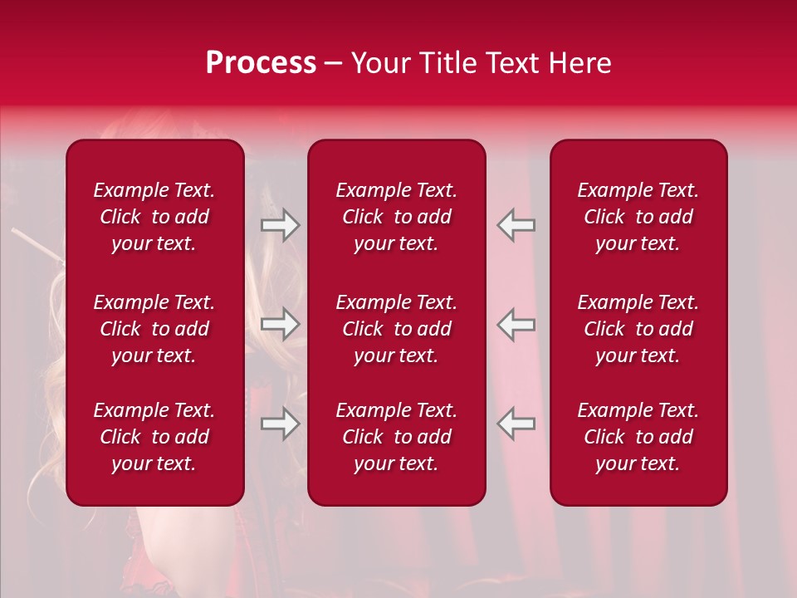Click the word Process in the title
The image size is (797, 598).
coord(261,63)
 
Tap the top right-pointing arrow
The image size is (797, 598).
coord(281,225)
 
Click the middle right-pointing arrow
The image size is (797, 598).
coord(281,324)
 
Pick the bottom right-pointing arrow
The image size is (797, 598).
coord(281,423)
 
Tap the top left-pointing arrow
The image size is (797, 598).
coord(516,225)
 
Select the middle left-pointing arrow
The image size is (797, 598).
coord(516,324)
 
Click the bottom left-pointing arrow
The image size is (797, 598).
coord(516,423)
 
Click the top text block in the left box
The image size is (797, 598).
coord(154,217)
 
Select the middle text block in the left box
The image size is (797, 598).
coord(154,329)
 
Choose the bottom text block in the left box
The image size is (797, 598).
coord(154,437)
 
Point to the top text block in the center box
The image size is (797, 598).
coord(397,217)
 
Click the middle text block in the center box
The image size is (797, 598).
coord(397,329)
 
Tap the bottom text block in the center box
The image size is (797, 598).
coord(397,437)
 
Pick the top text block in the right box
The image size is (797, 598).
coord(638,217)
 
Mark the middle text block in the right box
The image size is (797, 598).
coord(638,329)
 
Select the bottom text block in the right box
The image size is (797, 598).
coord(638,437)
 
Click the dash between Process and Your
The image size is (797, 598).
coord(334,64)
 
